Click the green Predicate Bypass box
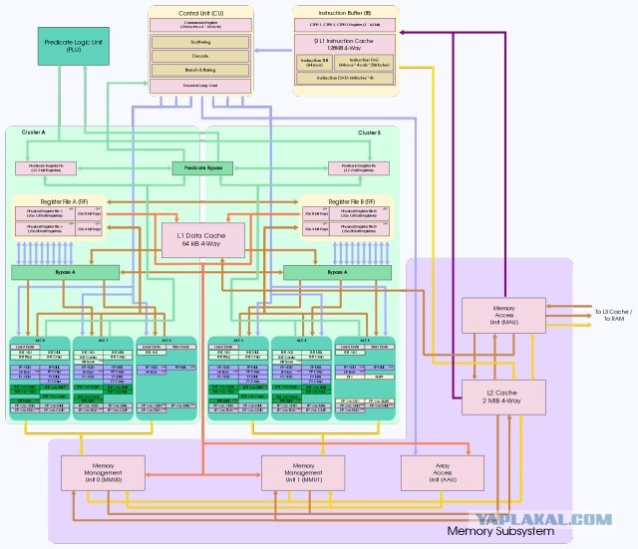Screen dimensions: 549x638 (x=201, y=168)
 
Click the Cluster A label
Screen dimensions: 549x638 (x=21, y=133)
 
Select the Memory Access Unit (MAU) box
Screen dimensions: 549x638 (x=502, y=316)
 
